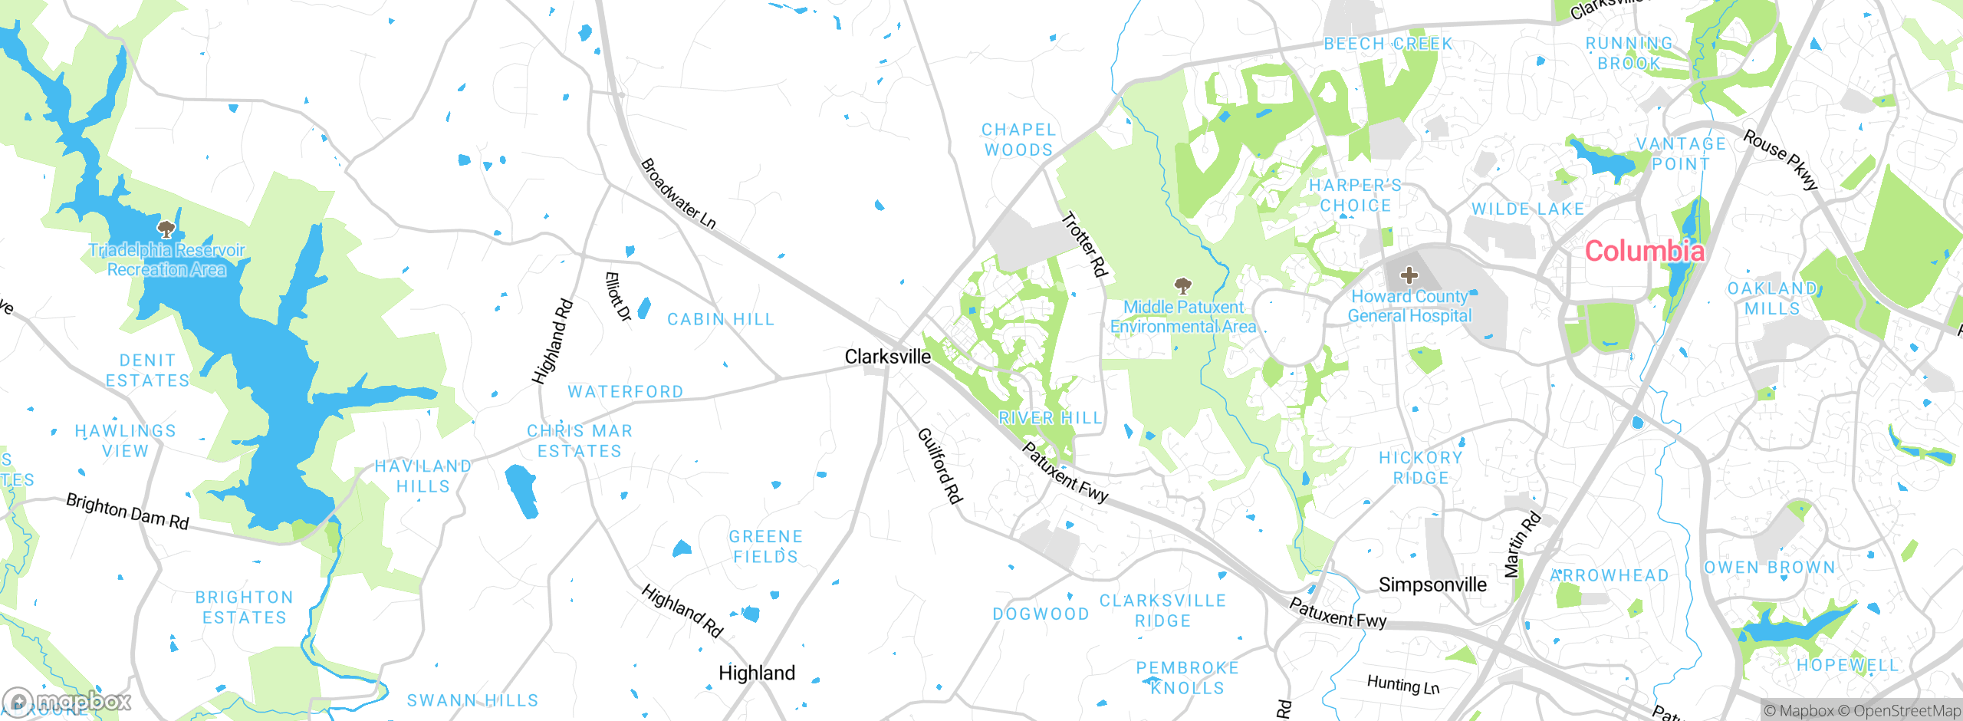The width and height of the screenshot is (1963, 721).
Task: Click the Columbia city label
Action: coord(1644,251)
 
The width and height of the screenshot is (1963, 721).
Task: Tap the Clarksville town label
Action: coord(887,357)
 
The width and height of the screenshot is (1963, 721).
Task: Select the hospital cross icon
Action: coord(1409,275)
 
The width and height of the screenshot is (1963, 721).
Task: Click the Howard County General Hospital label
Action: coord(1409,306)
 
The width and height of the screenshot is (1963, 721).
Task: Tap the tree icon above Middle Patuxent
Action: coord(1183,286)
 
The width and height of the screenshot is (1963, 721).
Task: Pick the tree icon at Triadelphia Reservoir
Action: coord(166,229)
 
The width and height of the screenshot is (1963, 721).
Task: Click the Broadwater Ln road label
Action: coord(678,193)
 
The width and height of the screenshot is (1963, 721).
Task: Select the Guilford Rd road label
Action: coord(939,466)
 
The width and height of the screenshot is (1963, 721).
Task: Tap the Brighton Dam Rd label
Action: coord(127,512)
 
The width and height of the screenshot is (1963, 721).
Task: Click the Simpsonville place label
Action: coord(1432,584)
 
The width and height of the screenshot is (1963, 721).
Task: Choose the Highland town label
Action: coord(756,673)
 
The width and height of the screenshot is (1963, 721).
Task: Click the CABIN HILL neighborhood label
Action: coord(721,319)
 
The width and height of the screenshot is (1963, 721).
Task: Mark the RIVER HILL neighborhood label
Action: coord(1050,418)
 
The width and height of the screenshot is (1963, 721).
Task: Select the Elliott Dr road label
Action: coord(617,296)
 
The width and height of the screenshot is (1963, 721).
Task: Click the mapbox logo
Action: coord(67,701)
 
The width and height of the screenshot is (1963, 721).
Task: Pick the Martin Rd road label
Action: coord(1522,544)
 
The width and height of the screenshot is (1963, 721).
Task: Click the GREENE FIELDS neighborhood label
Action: coord(765,546)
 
